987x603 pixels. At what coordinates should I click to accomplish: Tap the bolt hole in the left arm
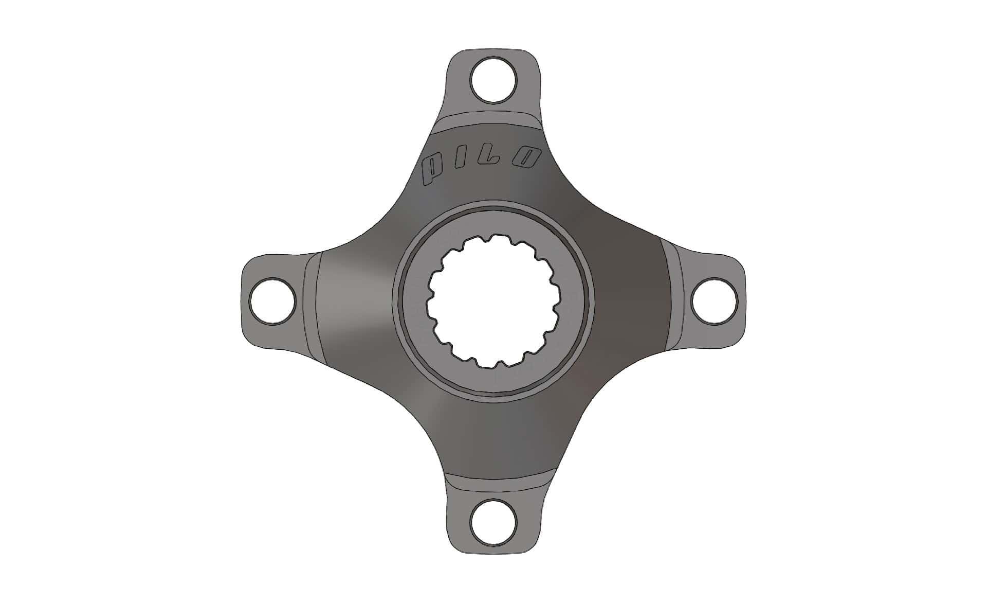(x=272, y=301)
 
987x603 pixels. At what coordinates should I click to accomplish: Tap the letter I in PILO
(x=466, y=163)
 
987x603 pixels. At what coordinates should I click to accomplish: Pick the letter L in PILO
(x=496, y=158)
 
